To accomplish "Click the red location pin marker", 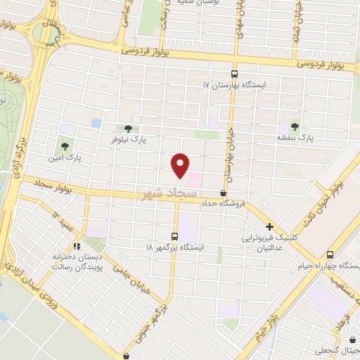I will tap(181, 165).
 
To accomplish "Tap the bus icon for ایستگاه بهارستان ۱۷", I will tap(234, 75).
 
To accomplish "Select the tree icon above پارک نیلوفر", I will tap(127, 128).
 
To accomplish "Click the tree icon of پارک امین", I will tap(64, 146).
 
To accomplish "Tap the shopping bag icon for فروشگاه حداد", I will tap(224, 193).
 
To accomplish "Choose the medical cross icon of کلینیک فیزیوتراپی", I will tap(269, 226).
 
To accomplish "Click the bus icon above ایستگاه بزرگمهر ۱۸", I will tap(175, 236).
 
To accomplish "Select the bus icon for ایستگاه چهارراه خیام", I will tap(330, 255).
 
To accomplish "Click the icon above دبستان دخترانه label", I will tap(77, 246).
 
